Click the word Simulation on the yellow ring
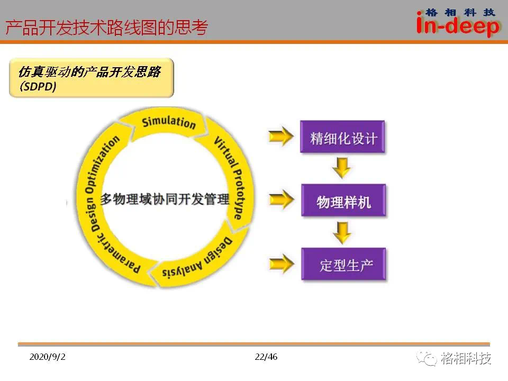point(169,122)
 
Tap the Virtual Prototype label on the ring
point(231,177)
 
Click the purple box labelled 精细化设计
point(342,137)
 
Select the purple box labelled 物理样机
point(343,200)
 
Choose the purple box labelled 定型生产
point(343,264)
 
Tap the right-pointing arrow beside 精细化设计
point(281,136)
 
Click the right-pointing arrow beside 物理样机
point(281,199)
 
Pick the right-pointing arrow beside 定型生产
point(281,264)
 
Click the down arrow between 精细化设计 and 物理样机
point(342,168)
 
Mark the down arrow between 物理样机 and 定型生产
point(342,232)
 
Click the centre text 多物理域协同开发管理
point(165,199)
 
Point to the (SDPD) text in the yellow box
point(38,86)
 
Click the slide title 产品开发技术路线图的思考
point(106,27)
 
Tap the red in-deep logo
point(457,23)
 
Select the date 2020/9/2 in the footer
point(47,357)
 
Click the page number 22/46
point(266,357)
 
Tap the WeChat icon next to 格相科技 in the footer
point(427,359)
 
